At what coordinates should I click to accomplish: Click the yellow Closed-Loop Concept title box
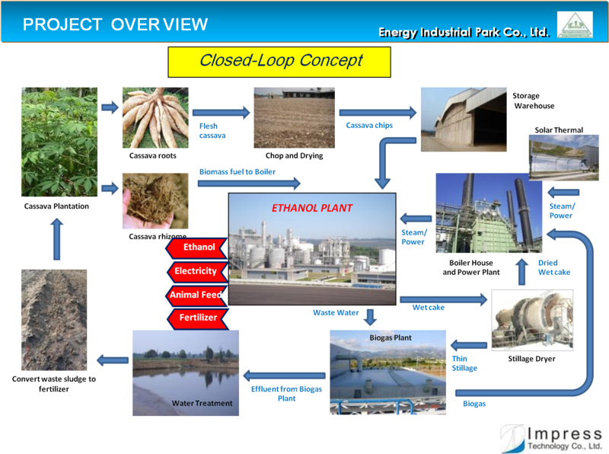[x=279, y=62]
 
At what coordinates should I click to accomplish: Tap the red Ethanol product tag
[x=197, y=248]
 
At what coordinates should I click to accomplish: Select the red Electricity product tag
[x=198, y=271]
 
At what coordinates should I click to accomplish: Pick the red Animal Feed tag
[x=197, y=295]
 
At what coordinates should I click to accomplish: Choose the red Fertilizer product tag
[x=198, y=318]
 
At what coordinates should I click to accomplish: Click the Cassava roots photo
[x=155, y=118]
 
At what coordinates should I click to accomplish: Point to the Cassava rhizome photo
[x=155, y=201]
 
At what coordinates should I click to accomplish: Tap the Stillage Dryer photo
[x=532, y=320]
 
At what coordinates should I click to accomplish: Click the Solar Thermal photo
[x=563, y=158]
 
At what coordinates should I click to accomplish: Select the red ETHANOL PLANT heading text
[x=312, y=209]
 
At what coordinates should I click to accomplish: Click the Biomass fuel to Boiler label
[x=238, y=172]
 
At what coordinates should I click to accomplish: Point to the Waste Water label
[x=336, y=312]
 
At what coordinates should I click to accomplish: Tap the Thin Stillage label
[x=464, y=363]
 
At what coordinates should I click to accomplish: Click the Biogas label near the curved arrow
[x=474, y=404]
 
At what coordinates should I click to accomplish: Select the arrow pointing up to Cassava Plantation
[x=56, y=239]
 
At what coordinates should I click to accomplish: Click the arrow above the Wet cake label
[x=444, y=299]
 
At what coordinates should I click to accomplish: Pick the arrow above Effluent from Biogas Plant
[x=284, y=376]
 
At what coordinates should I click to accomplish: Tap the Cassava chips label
[x=369, y=125]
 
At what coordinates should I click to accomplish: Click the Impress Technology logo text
[x=564, y=439]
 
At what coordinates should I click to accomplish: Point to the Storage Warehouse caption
[x=534, y=101]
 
